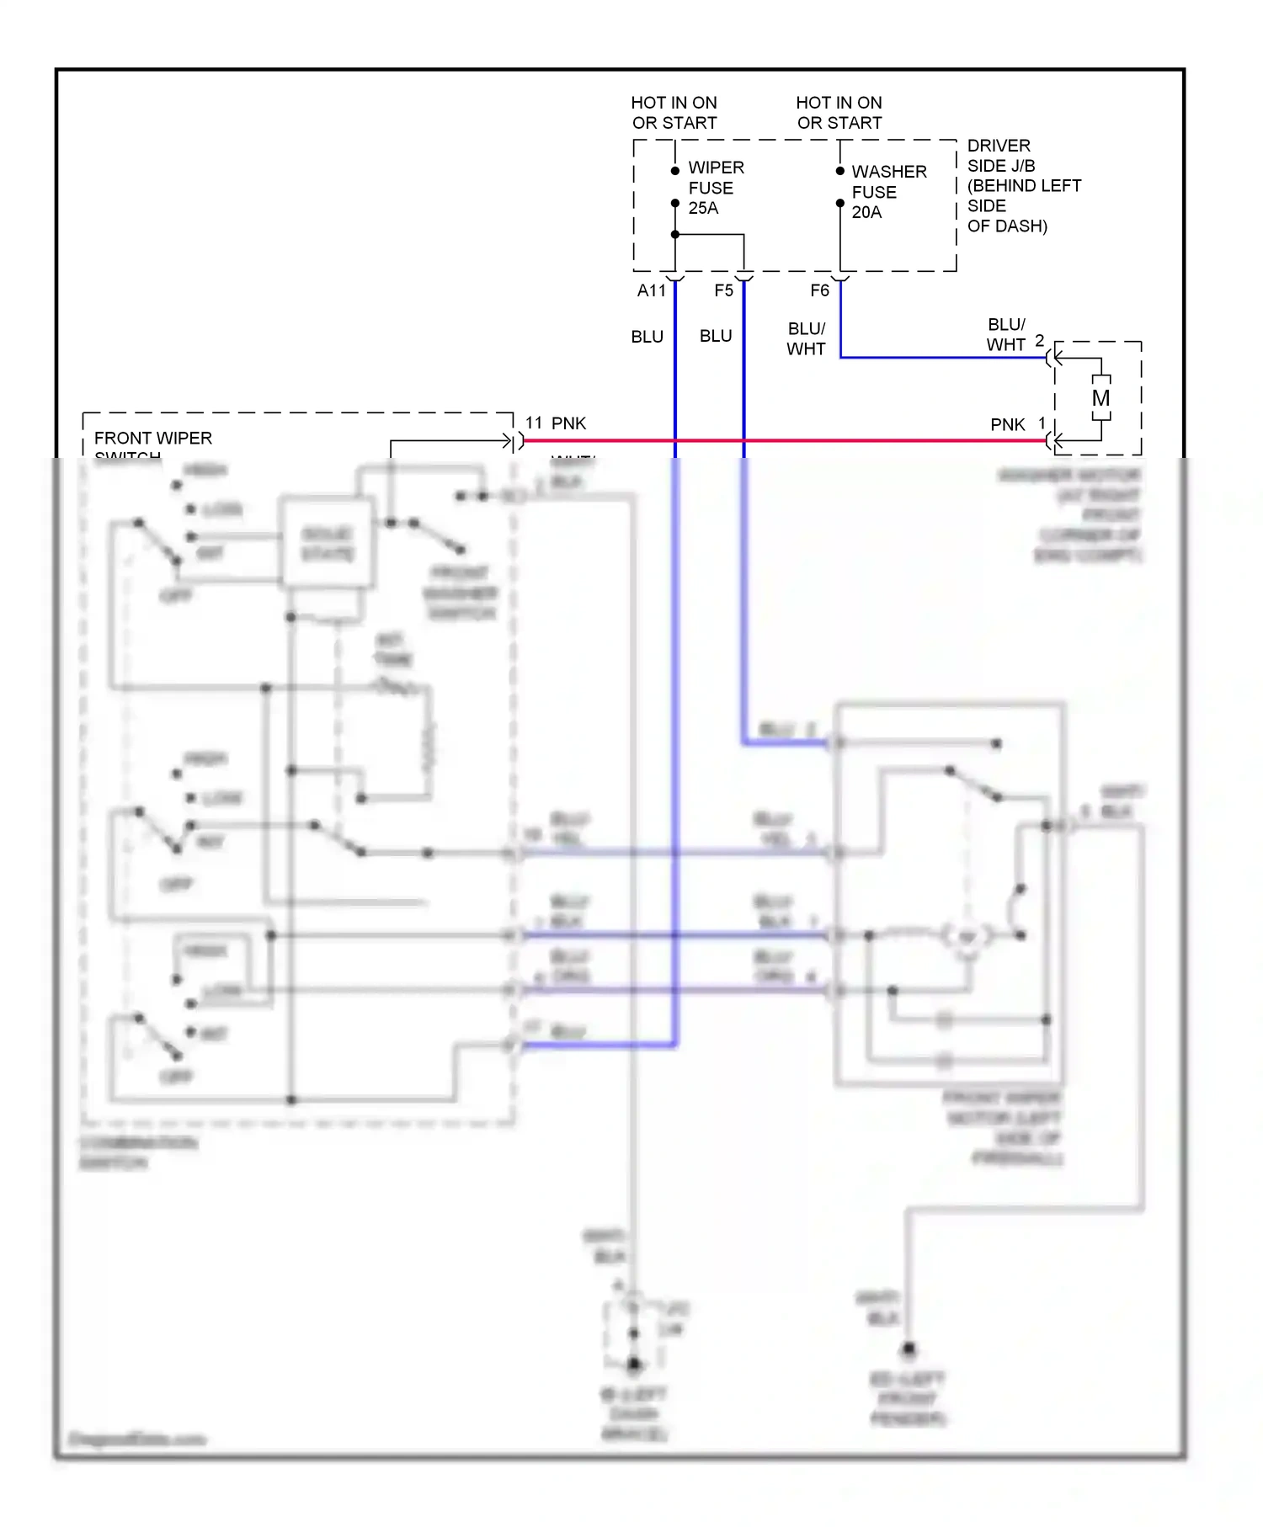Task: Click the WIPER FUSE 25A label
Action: coord(715,188)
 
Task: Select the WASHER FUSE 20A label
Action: coord(887,192)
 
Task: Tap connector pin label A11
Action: coord(651,291)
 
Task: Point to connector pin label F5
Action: coord(723,291)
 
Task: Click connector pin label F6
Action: coord(819,291)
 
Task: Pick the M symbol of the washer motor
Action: coord(1100,398)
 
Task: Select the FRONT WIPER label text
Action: coord(152,439)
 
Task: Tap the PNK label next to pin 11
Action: coord(568,423)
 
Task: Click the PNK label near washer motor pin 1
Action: coord(1007,425)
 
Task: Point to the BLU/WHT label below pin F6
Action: coord(806,338)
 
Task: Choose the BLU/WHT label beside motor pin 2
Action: coord(1005,335)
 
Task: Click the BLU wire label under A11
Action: coord(647,337)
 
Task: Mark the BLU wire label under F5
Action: coord(716,336)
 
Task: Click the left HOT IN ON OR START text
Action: coord(674,113)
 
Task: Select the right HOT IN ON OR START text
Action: coord(839,113)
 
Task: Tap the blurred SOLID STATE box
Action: coord(327,544)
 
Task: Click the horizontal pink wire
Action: coord(842,440)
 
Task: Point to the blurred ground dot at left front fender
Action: coord(909,1350)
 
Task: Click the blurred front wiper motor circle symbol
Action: coord(967,936)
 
